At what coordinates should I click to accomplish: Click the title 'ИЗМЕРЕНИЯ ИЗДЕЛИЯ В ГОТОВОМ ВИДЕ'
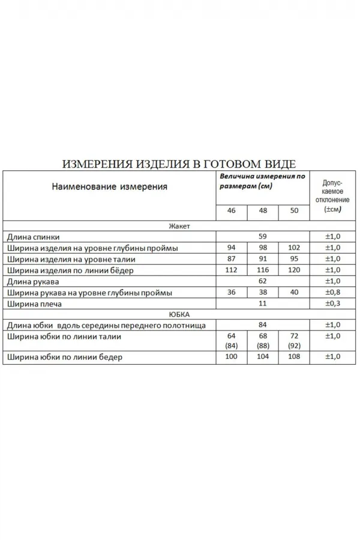click(179, 164)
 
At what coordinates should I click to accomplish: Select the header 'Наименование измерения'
click(109, 187)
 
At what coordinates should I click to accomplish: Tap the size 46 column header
click(232, 212)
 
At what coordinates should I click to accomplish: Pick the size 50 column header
click(294, 212)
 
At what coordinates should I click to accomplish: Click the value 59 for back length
click(262, 237)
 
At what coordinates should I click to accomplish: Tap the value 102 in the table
click(294, 248)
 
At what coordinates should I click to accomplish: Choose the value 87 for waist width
click(232, 259)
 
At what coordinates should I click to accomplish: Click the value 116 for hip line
click(263, 270)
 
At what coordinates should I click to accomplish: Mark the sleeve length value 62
click(262, 281)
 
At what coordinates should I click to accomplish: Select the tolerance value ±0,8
click(332, 292)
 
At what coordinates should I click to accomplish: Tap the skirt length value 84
click(262, 325)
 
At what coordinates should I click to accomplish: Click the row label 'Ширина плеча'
click(35, 304)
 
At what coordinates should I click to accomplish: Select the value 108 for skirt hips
click(294, 357)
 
